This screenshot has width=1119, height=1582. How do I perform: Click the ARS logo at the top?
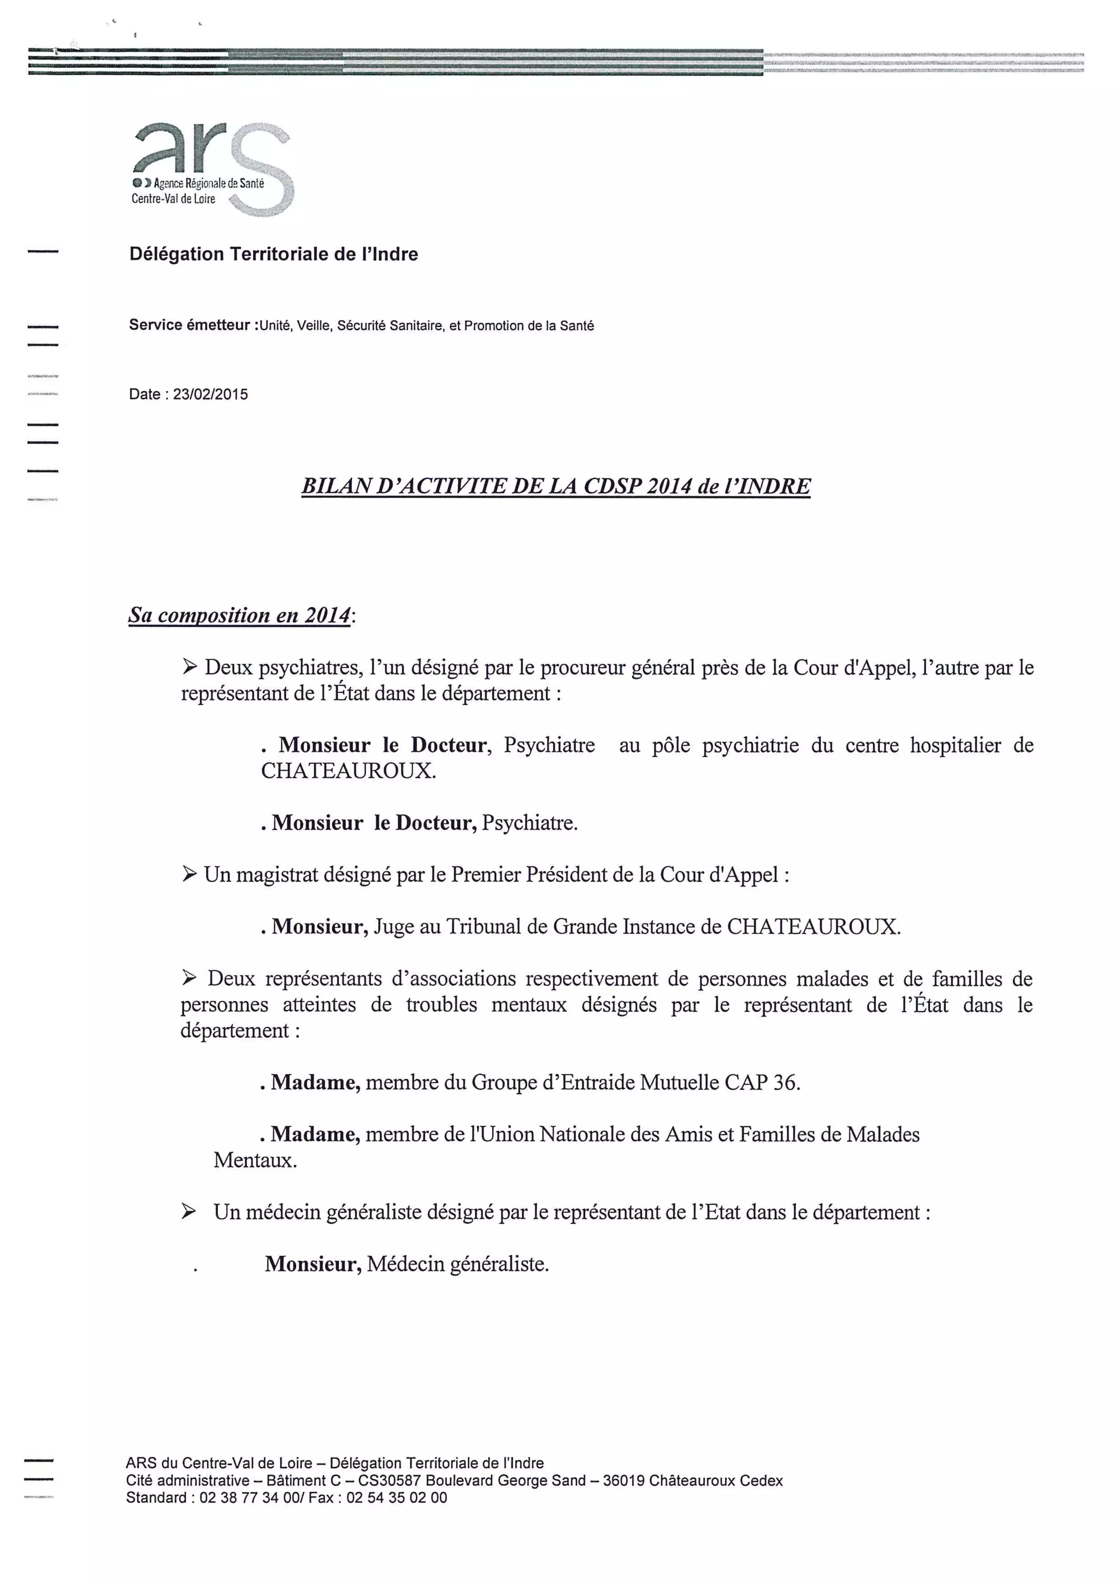coord(212,168)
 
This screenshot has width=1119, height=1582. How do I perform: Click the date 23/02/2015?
coord(210,395)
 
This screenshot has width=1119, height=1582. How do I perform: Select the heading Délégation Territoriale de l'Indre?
coord(274,254)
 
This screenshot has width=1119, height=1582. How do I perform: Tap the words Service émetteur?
coord(189,325)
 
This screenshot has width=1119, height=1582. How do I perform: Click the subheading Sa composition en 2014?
coord(240,615)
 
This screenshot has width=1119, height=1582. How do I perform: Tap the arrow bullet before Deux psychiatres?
coord(190,667)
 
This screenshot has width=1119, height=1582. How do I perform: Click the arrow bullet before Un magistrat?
coord(190,875)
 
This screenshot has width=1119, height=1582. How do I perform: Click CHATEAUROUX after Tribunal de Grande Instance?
coord(813,926)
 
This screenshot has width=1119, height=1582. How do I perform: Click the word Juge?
coord(394,926)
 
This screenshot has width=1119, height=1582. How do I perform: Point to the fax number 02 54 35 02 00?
coord(397,1497)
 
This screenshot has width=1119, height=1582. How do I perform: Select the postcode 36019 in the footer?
coord(623,1481)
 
